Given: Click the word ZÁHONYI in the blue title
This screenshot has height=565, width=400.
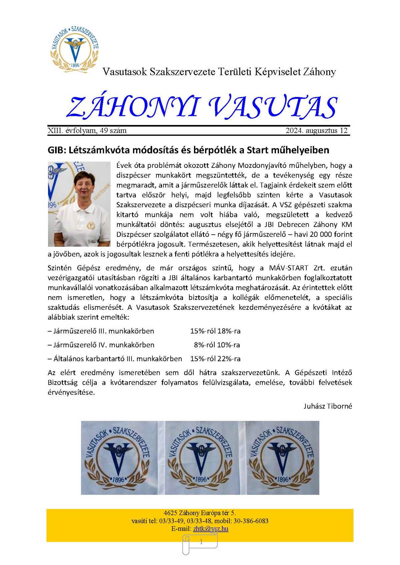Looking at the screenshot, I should click(x=132, y=107).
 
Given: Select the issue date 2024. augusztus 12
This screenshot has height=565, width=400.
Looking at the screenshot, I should click(x=316, y=131).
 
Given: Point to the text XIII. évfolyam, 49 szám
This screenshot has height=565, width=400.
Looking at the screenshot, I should click(x=87, y=131).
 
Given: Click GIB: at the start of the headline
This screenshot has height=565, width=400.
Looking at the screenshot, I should click(x=57, y=150).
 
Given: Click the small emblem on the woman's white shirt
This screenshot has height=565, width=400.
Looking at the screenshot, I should click(x=90, y=226).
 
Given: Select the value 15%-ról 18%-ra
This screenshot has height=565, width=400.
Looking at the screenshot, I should click(x=215, y=331).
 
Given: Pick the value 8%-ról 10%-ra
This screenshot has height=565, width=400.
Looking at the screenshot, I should click(x=217, y=345).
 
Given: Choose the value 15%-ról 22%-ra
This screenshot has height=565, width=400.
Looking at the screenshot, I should click(x=215, y=359).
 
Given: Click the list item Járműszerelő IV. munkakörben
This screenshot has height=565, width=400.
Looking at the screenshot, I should click(x=101, y=345).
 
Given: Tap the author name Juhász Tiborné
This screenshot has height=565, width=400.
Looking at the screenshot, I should click(x=328, y=406).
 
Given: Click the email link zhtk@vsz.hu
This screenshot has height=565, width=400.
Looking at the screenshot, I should click(x=211, y=529).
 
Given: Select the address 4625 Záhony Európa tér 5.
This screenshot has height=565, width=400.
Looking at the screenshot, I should click(x=200, y=513).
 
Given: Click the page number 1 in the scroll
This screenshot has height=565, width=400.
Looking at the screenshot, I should click(x=201, y=542).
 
